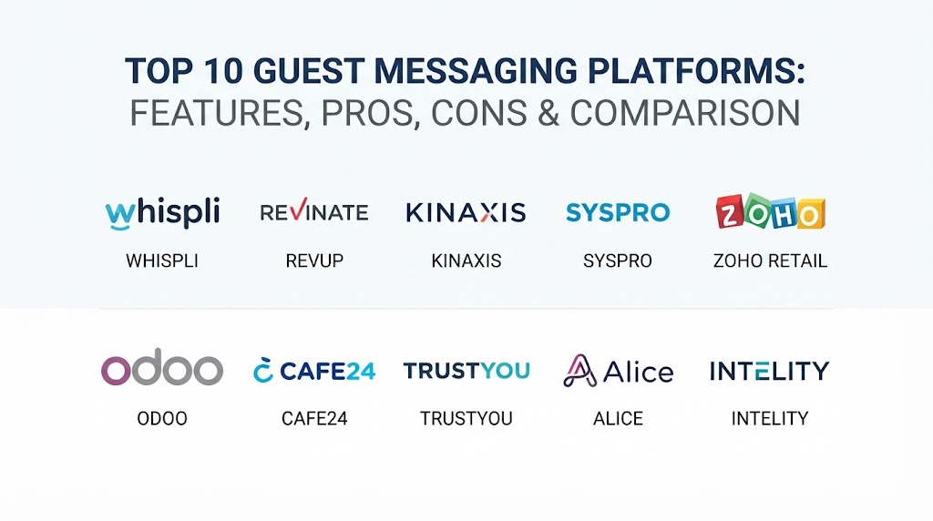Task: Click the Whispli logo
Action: (x=162, y=212)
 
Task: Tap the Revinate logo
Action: (x=314, y=211)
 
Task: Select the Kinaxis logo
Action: (x=466, y=212)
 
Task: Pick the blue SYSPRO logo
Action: (x=618, y=212)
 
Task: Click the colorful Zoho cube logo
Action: (x=771, y=211)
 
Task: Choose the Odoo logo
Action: (x=162, y=367)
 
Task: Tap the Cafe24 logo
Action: (x=314, y=370)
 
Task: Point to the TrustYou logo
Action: (x=466, y=371)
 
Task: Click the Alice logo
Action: (x=619, y=371)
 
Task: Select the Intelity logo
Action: (x=769, y=371)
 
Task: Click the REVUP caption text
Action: (x=314, y=260)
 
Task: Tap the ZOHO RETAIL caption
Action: (x=770, y=260)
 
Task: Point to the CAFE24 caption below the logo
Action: (x=314, y=418)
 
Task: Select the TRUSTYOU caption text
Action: (x=466, y=418)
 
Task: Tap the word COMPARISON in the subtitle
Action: (x=685, y=112)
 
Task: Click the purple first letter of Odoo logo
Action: (x=116, y=371)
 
